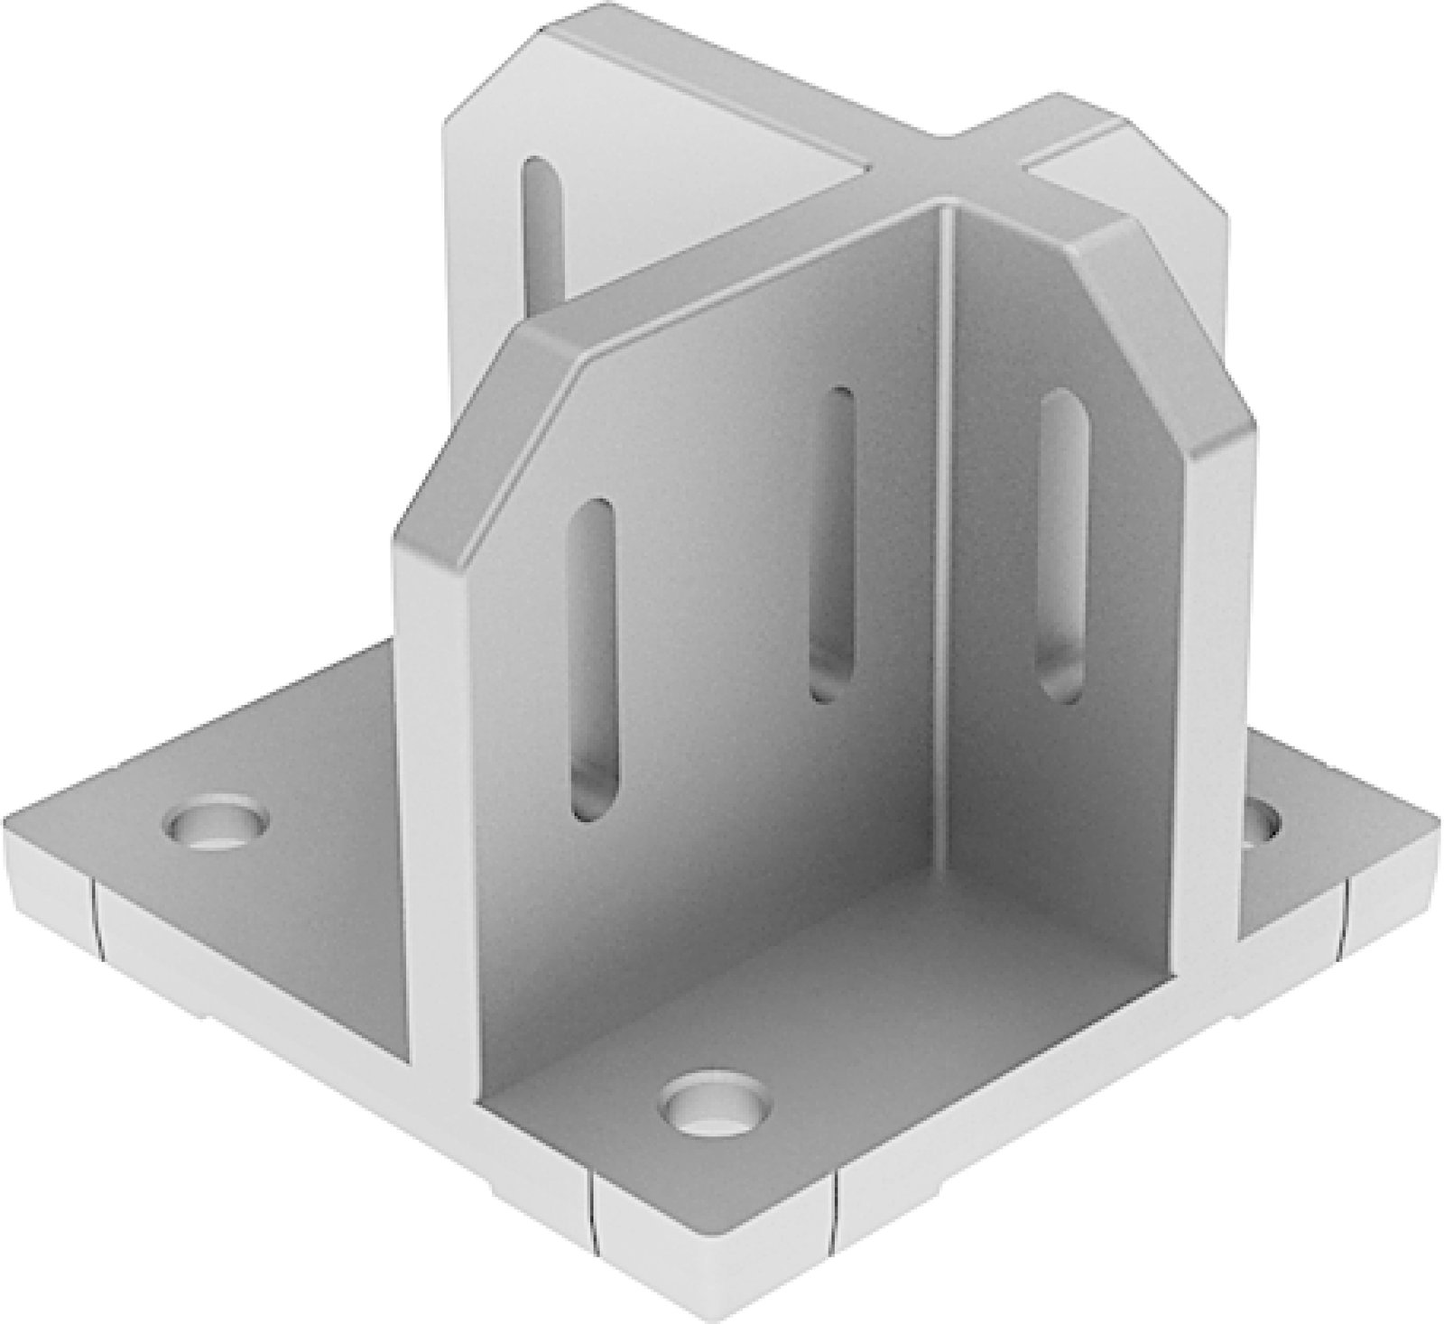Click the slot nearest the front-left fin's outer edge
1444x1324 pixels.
pos(595,659)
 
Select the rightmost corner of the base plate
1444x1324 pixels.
pos(1435,853)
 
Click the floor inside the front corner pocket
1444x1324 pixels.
pos(812,1011)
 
